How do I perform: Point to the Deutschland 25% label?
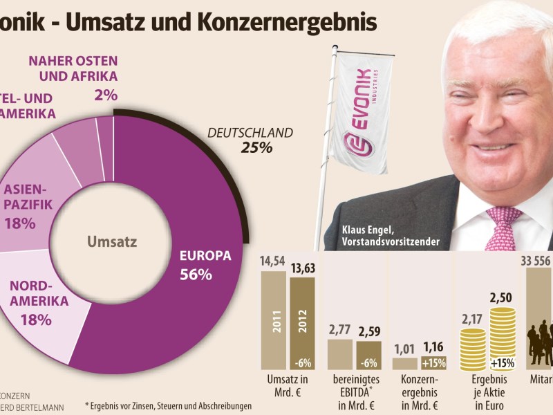tap(251, 140)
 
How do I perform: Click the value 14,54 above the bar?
tap(272, 262)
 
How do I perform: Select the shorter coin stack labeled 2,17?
tap(474, 349)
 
